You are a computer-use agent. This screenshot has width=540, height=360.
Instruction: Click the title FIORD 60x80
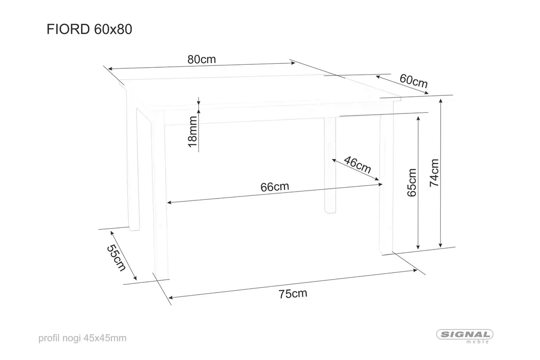pos(89,29)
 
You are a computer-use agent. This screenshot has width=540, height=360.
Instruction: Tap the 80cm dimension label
pos(201,59)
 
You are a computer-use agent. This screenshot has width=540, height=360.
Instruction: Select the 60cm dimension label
pos(414,81)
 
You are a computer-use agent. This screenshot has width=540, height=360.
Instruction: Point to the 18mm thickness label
pos(192,132)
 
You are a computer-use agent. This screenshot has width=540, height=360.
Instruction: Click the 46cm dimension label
pos(357,165)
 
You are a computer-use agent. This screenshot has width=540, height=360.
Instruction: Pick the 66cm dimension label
pos(274,187)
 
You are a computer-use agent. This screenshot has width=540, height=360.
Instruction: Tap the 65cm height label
pos(412,183)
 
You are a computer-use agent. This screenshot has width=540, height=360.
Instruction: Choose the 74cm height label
pos(434,173)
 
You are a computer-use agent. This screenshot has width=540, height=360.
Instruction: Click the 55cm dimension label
pos(116,258)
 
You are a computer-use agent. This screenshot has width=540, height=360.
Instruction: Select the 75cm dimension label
pos(293,294)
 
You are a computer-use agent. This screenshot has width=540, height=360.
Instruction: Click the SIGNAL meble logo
pos(464,336)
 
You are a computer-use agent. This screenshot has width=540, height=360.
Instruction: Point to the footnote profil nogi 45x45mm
pos(82,338)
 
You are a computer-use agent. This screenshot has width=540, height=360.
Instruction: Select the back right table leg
pos(330,165)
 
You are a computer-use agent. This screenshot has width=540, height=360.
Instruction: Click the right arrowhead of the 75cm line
pos(415,271)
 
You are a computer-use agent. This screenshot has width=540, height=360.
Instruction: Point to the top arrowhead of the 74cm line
pos(440,101)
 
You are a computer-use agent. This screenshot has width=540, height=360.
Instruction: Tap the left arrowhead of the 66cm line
pos(169,202)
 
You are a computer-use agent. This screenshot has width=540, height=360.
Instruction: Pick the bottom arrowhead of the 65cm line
pos(418,247)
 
